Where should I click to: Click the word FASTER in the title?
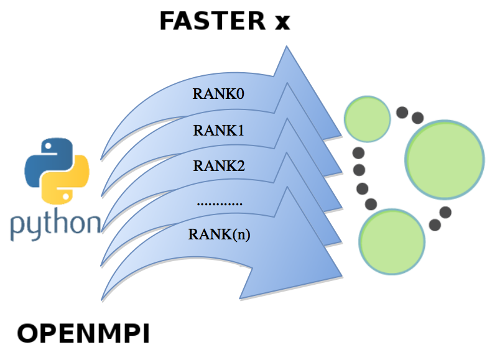(213, 21)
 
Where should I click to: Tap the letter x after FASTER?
(282, 23)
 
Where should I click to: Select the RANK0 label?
(218, 93)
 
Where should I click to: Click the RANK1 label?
(218, 130)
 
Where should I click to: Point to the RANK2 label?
(219, 165)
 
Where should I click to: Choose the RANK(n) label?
(219, 234)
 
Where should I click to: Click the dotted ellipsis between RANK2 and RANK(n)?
(220, 204)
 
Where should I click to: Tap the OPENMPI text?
(83, 333)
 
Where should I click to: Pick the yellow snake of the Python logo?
(66, 180)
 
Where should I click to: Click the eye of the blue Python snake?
(48, 145)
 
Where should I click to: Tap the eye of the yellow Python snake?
(66, 196)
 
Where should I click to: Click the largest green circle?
(445, 159)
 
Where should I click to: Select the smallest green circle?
(367, 119)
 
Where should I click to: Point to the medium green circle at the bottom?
(392, 242)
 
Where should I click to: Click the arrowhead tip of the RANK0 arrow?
(341, 136)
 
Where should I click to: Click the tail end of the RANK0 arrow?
(101, 160)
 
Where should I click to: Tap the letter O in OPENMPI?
(28, 333)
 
